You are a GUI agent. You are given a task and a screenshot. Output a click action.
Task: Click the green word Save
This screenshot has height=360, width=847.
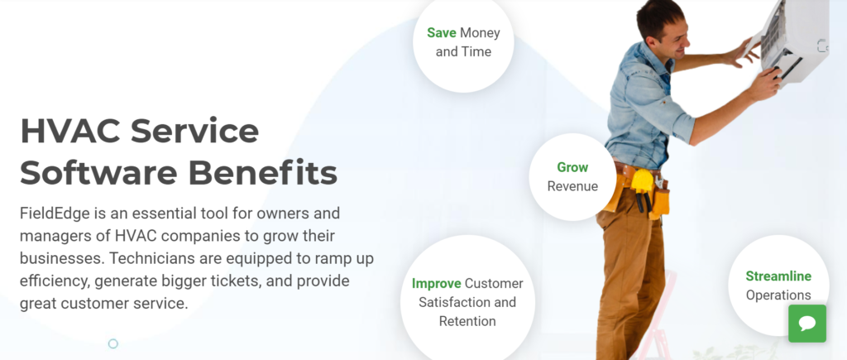pyautogui.click(x=442, y=33)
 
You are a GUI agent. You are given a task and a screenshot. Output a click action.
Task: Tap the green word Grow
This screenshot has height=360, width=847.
pyautogui.click(x=572, y=167)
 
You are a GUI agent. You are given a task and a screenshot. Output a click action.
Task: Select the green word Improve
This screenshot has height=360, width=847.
pyautogui.click(x=437, y=283)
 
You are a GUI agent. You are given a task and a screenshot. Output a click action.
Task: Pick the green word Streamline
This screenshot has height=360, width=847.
pyautogui.click(x=778, y=276)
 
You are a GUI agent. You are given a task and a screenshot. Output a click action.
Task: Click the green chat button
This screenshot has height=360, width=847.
pyautogui.click(x=807, y=324)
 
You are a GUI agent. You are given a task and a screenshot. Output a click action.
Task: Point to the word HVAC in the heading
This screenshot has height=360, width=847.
pyautogui.click(x=69, y=131)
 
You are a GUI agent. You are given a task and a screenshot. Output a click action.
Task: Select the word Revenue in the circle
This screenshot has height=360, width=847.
pyautogui.click(x=572, y=186)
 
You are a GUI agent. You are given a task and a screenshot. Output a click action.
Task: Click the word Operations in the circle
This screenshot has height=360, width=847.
pyautogui.click(x=778, y=295)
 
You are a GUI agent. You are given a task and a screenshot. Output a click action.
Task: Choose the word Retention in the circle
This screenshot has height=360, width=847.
pyautogui.click(x=467, y=321)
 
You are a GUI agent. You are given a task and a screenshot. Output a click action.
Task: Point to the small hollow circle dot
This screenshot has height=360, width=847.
pyautogui.click(x=112, y=343)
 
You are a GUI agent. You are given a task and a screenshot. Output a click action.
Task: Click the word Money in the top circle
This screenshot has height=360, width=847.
pyautogui.click(x=481, y=33)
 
